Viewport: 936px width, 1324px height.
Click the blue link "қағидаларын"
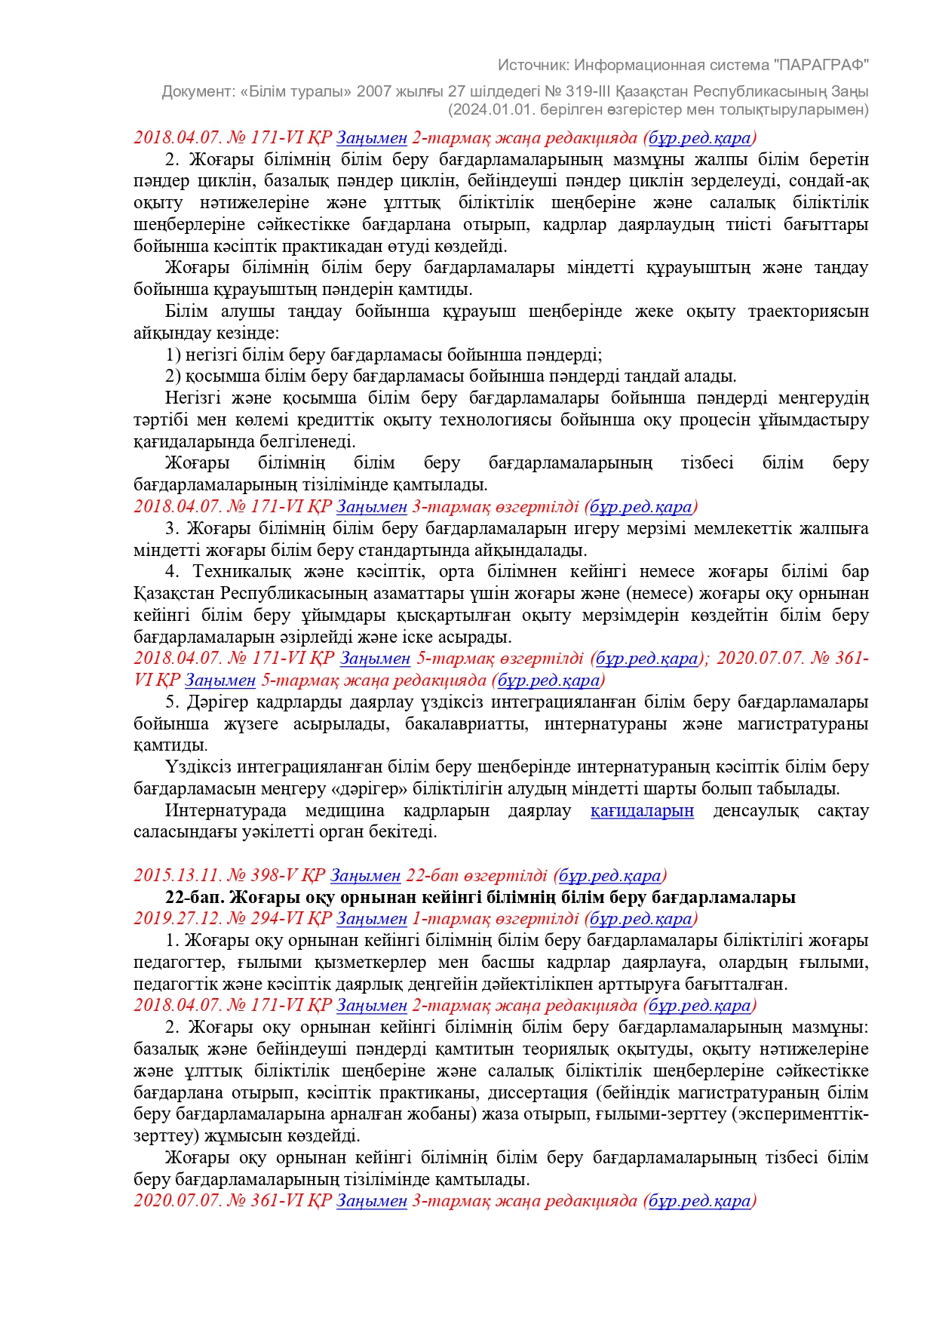pos(642,811)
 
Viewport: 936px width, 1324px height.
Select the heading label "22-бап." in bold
pos(195,898)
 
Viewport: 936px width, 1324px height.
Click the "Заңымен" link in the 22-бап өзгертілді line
pos(365,876)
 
